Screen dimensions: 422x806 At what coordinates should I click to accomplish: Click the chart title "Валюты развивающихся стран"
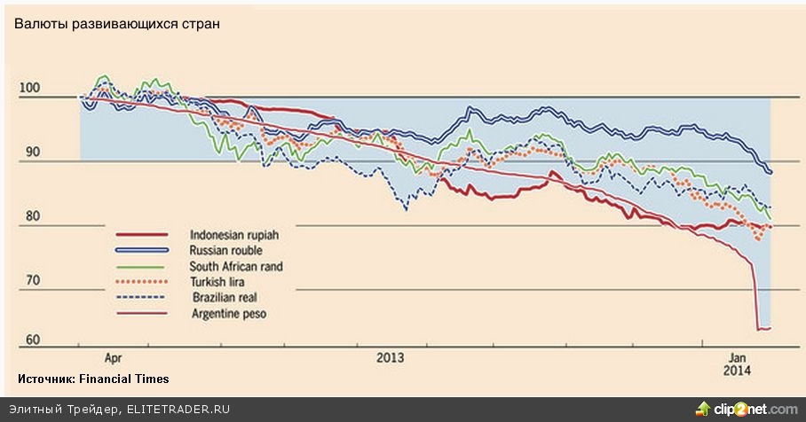click(x=115, y=24)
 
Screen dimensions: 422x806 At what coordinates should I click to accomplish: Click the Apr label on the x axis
click(x=114, y=358)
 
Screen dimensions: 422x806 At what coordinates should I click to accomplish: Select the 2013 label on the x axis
click(x=390, y=358)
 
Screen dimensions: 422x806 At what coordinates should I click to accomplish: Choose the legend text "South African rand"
click(x=236, y=266)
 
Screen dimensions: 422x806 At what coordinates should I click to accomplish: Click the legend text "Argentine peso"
click(x=227, y=314)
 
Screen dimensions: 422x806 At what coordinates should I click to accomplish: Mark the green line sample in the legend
click(x=140, y=266)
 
